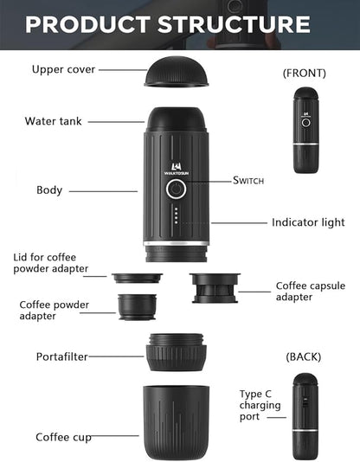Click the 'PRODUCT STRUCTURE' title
point(167,23)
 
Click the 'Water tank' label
point(54,121)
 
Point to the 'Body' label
point(48,189)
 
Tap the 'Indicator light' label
point(308,222)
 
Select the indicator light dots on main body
point(176,215)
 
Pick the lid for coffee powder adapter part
point(137,279)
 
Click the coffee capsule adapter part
point(214,286)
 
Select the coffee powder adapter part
point(137,305)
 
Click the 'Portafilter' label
point(62,356)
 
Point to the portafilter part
point(176,352)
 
